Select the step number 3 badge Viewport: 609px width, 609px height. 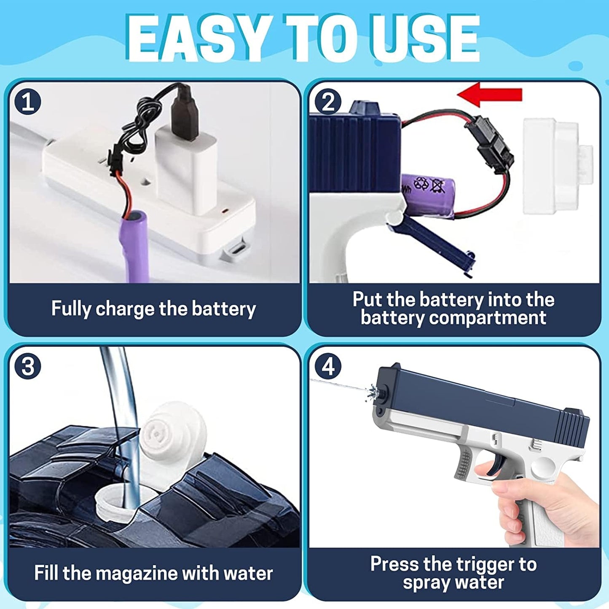(x=27, y=367)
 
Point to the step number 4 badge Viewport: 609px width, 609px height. (x=328, y=367)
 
